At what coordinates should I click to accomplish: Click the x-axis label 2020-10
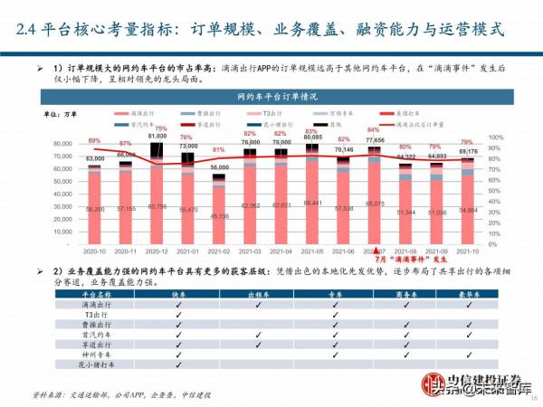(x=93, y=249)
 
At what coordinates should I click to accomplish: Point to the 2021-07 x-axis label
(x=374, y=249)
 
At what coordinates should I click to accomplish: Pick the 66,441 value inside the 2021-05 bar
(x=312, y=203)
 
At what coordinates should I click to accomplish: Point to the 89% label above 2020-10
(x=94, y=141)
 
